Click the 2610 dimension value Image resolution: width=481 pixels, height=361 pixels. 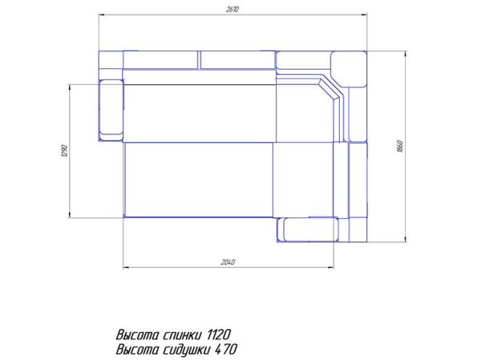pyautogui.click(x=232, y=9)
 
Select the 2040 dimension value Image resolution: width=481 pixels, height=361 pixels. pyautogui.click(x=228, y=262)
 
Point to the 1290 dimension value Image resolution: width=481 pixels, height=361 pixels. pyautogui.click(x=64, y=151)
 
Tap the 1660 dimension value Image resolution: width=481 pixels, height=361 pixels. pyautogui.click(x=400, y=147)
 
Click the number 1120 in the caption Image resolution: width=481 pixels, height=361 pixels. pyautogui.click(x=219, y=335)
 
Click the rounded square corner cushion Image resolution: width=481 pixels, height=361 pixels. pyautogui.click(x=349, y=69)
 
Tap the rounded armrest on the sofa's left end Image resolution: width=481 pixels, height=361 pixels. pyautogui.click(x=111, y=110)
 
